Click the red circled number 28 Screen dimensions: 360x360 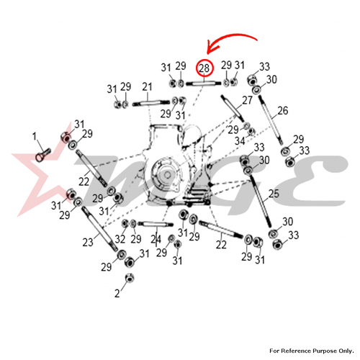pos(204,68)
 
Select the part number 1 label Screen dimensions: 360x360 pos(35,136)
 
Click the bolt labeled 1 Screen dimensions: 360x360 pos(43,155)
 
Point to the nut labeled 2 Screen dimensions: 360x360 pos(130,278)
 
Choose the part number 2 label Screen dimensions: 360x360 pos(117,293)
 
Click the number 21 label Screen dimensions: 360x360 pos(147,87)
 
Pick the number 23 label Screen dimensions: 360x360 pos(88,243)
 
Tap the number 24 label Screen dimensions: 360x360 pos(156,239)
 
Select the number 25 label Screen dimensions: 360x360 pos(274,194)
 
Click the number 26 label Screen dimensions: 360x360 pos(283,111)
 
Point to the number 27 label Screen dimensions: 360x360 pos(247,100)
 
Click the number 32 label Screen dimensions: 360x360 pos(120,239)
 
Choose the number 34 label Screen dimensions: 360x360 pos(240,141)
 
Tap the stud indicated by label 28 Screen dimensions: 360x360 pos(204,84)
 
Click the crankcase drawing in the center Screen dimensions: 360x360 pos(179,166)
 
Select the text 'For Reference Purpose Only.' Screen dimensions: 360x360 pos(312,351)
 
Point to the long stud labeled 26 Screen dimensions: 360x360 pos(271,120)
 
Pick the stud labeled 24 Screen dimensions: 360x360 pos(156,225)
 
